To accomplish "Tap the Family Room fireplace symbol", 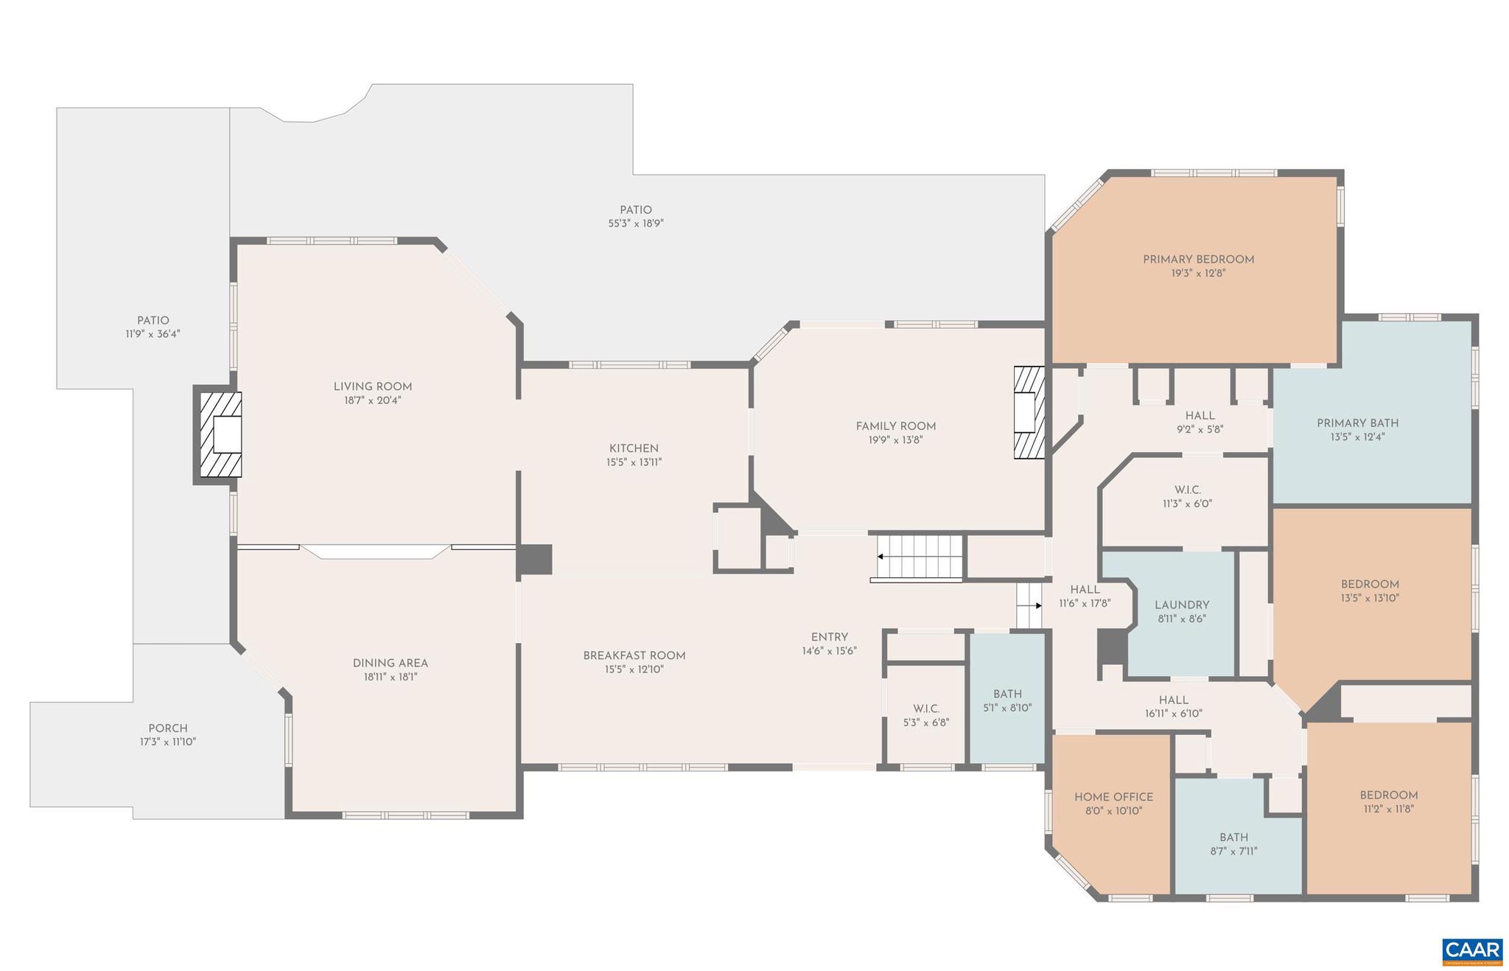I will point(1029,412).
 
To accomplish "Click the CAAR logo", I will point(1471,950).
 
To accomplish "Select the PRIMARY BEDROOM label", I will point(1198,260).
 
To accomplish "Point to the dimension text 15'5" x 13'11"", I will point(634,462).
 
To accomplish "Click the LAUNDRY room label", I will point(1181,605).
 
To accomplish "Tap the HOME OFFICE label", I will point(1113,797).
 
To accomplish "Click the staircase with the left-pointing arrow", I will point(919,557).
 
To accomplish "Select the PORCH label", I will point(168,728).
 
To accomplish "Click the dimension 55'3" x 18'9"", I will point(636,223).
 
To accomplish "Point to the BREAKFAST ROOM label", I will point(634,655).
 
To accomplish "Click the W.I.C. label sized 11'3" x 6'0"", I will point(1187,490).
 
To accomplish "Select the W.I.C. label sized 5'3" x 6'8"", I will point(925,709).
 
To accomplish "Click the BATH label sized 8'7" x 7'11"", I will point(1233,838).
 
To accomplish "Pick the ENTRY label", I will point(829,637).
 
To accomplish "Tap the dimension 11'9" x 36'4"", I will point(153,334).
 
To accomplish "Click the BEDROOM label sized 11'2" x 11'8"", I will point(1388,796).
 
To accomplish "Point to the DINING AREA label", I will point(390,663).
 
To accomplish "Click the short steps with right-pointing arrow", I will point(1029,605).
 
